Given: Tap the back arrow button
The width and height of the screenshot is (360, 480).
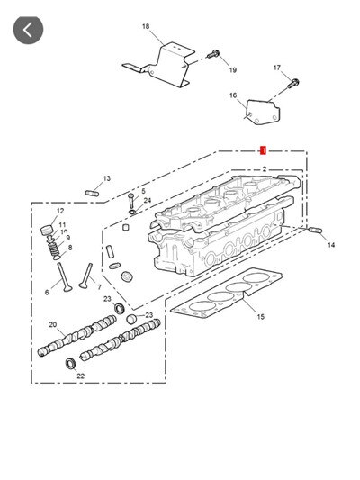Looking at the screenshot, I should pos(28,29).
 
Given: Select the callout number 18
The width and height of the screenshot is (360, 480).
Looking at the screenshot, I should pos(146,27).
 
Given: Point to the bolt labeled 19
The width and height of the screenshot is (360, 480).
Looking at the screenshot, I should pos(214,56).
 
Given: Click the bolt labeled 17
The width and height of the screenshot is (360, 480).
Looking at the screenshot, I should pos(293,85).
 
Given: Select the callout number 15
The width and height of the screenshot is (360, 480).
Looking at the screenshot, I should pos(260,317).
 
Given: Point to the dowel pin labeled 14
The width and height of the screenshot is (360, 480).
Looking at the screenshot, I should pos(315,231).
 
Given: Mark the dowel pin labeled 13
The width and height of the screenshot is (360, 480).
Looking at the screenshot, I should pos(93,190).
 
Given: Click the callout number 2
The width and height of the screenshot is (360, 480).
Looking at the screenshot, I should pos(264,169).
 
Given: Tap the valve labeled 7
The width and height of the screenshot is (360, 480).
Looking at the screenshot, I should pos(87,273).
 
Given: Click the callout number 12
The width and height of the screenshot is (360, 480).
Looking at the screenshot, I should pos(60,211).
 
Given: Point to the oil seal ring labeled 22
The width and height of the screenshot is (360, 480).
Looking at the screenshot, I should pos(71,363).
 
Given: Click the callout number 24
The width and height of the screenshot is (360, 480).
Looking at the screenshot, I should pos(147,201).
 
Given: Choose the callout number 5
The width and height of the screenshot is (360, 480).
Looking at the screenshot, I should pos(141,191).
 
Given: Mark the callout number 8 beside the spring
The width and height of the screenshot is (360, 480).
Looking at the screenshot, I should pos(69,247).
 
